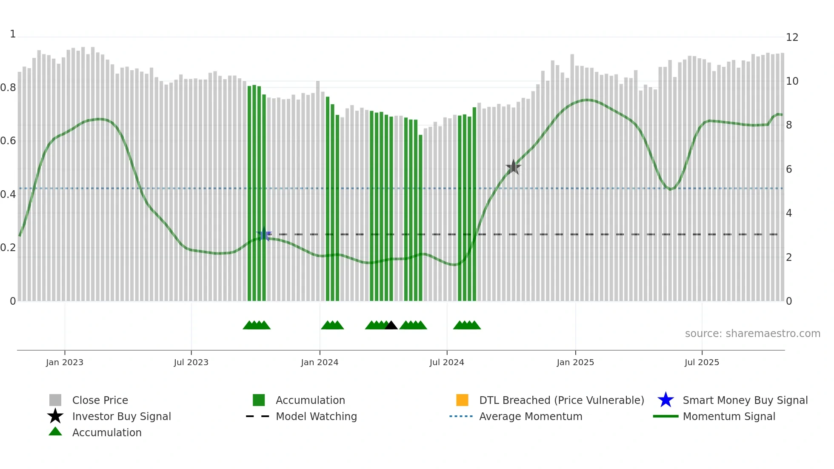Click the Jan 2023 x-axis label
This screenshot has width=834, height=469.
(x=65, y=363)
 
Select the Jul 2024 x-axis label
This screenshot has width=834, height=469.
(x=447, y=363)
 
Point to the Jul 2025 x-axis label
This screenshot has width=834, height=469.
(x=702, y=363)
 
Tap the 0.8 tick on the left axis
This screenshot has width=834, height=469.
(x=8, y=88)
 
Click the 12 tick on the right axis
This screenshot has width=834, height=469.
(x=792, y=37)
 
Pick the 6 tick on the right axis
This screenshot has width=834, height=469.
(x=789, y=169)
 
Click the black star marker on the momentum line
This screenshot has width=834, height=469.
(x=514, y=167)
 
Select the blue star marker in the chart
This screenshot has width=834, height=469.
(x=264, y=234)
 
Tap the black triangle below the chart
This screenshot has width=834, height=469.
(x=391, y=326)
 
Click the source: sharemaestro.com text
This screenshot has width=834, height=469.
(x=752, y=334)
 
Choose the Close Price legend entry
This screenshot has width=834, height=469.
(x=100, y=400)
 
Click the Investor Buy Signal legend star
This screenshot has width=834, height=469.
(x=55, y=416)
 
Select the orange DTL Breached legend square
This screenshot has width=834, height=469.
(x=462, y=400)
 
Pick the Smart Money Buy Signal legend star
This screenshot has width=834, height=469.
(x=665, y=400)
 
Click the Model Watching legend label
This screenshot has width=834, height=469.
(x=316, y=417)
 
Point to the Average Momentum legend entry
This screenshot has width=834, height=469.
(x=531, y=417)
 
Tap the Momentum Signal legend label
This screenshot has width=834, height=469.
(x=729, y=417)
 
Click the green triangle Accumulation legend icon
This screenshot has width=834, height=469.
(x=55, y=432)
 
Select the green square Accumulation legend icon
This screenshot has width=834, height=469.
(x=259, y=400)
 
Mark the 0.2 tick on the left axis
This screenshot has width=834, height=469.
(x=8, y=248)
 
